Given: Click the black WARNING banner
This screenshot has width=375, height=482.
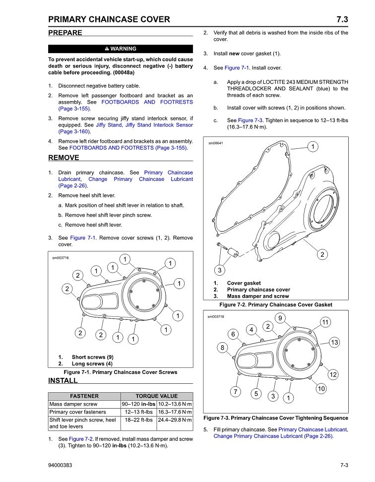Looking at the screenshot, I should (x=121, y=49).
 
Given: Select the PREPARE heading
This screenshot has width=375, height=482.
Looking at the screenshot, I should (x=65, y=33).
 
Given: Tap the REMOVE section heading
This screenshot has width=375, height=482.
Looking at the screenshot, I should (x=63, y=158).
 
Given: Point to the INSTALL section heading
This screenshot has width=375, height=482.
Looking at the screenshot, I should (x=63, y=380).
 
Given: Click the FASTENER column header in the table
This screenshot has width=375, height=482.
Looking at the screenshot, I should (x=84, y=396).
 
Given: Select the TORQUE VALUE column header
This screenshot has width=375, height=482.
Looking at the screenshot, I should (x=157, y=396).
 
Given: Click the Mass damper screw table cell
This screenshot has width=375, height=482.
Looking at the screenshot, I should (x=70, y=404).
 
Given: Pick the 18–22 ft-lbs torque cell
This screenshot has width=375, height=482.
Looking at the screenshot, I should (x=139, y=420).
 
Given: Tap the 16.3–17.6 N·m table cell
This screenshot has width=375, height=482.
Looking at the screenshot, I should (x=175, y=412).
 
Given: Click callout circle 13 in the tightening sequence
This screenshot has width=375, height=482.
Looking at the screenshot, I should (x=334, y=342).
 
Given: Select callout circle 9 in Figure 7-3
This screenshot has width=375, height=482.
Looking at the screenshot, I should (x=280, y=318).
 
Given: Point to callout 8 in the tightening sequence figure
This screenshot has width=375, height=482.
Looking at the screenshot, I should (x=223, y=348).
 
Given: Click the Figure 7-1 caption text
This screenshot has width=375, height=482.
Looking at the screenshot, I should (x=120, y=372).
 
